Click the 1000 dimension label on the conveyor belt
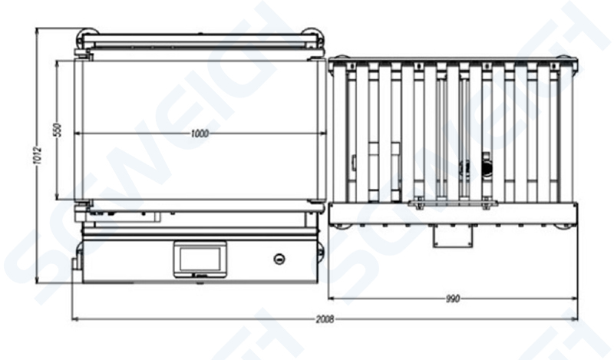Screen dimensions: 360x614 (x=200, y=134)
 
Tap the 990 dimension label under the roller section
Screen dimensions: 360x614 (x=452, y=299)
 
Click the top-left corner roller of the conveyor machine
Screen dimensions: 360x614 (x=87, y=35)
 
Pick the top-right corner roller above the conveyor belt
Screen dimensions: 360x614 (x=312, y=35)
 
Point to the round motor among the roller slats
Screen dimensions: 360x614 (x=484, y=162)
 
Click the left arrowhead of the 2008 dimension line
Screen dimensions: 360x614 (x=74, y=317)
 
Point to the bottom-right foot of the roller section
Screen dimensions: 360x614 (x=564, y=224)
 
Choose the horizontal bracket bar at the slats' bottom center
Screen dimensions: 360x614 (x=452, y=203)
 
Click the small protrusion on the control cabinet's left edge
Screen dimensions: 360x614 (x=75, y=263)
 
